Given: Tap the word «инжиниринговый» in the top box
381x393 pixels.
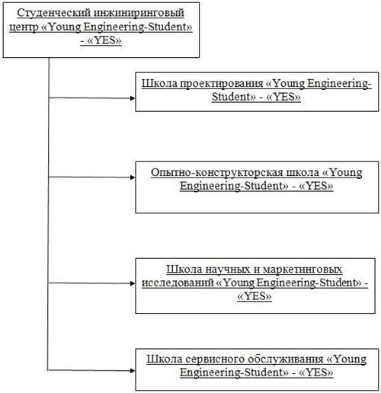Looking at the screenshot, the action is [x=139, y=13].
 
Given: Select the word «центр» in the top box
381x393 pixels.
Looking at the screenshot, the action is [x=24, y=27].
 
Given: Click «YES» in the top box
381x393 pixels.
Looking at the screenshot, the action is [x=104, y=40].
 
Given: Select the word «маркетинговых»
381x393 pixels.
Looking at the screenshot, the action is [x=303, y=270].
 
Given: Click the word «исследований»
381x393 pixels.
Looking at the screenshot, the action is [x=178, y=283].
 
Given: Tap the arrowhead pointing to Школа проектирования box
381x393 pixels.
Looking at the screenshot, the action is [x=133, y=98].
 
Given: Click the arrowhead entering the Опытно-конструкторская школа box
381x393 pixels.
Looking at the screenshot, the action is [x=133, y=177].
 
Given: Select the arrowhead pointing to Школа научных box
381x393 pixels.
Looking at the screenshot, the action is [x=133, y=283].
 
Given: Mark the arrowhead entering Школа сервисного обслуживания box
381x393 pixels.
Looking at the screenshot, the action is [x=133, y=371].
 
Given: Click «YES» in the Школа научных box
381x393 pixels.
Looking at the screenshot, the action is [x=255, y=296].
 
